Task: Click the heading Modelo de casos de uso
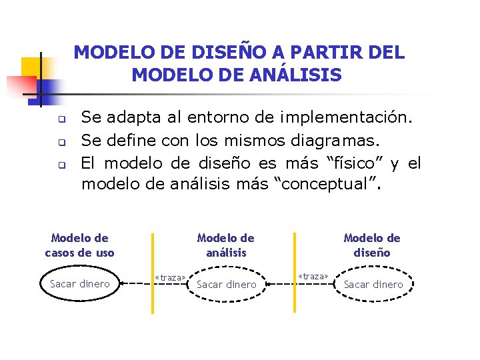pos(79,245)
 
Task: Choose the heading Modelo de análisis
pos(226,245)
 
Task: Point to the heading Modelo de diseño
pos(372,245)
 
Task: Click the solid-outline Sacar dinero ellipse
pos(80,284)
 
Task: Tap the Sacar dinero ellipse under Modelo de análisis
pos(227,285)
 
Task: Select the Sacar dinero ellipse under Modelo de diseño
pos(373,285)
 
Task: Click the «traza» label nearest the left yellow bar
pos(170,277)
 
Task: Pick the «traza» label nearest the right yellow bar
pos(313,275)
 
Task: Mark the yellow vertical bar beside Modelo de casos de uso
pos(153,273)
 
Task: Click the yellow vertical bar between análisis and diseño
pos(295,273)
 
